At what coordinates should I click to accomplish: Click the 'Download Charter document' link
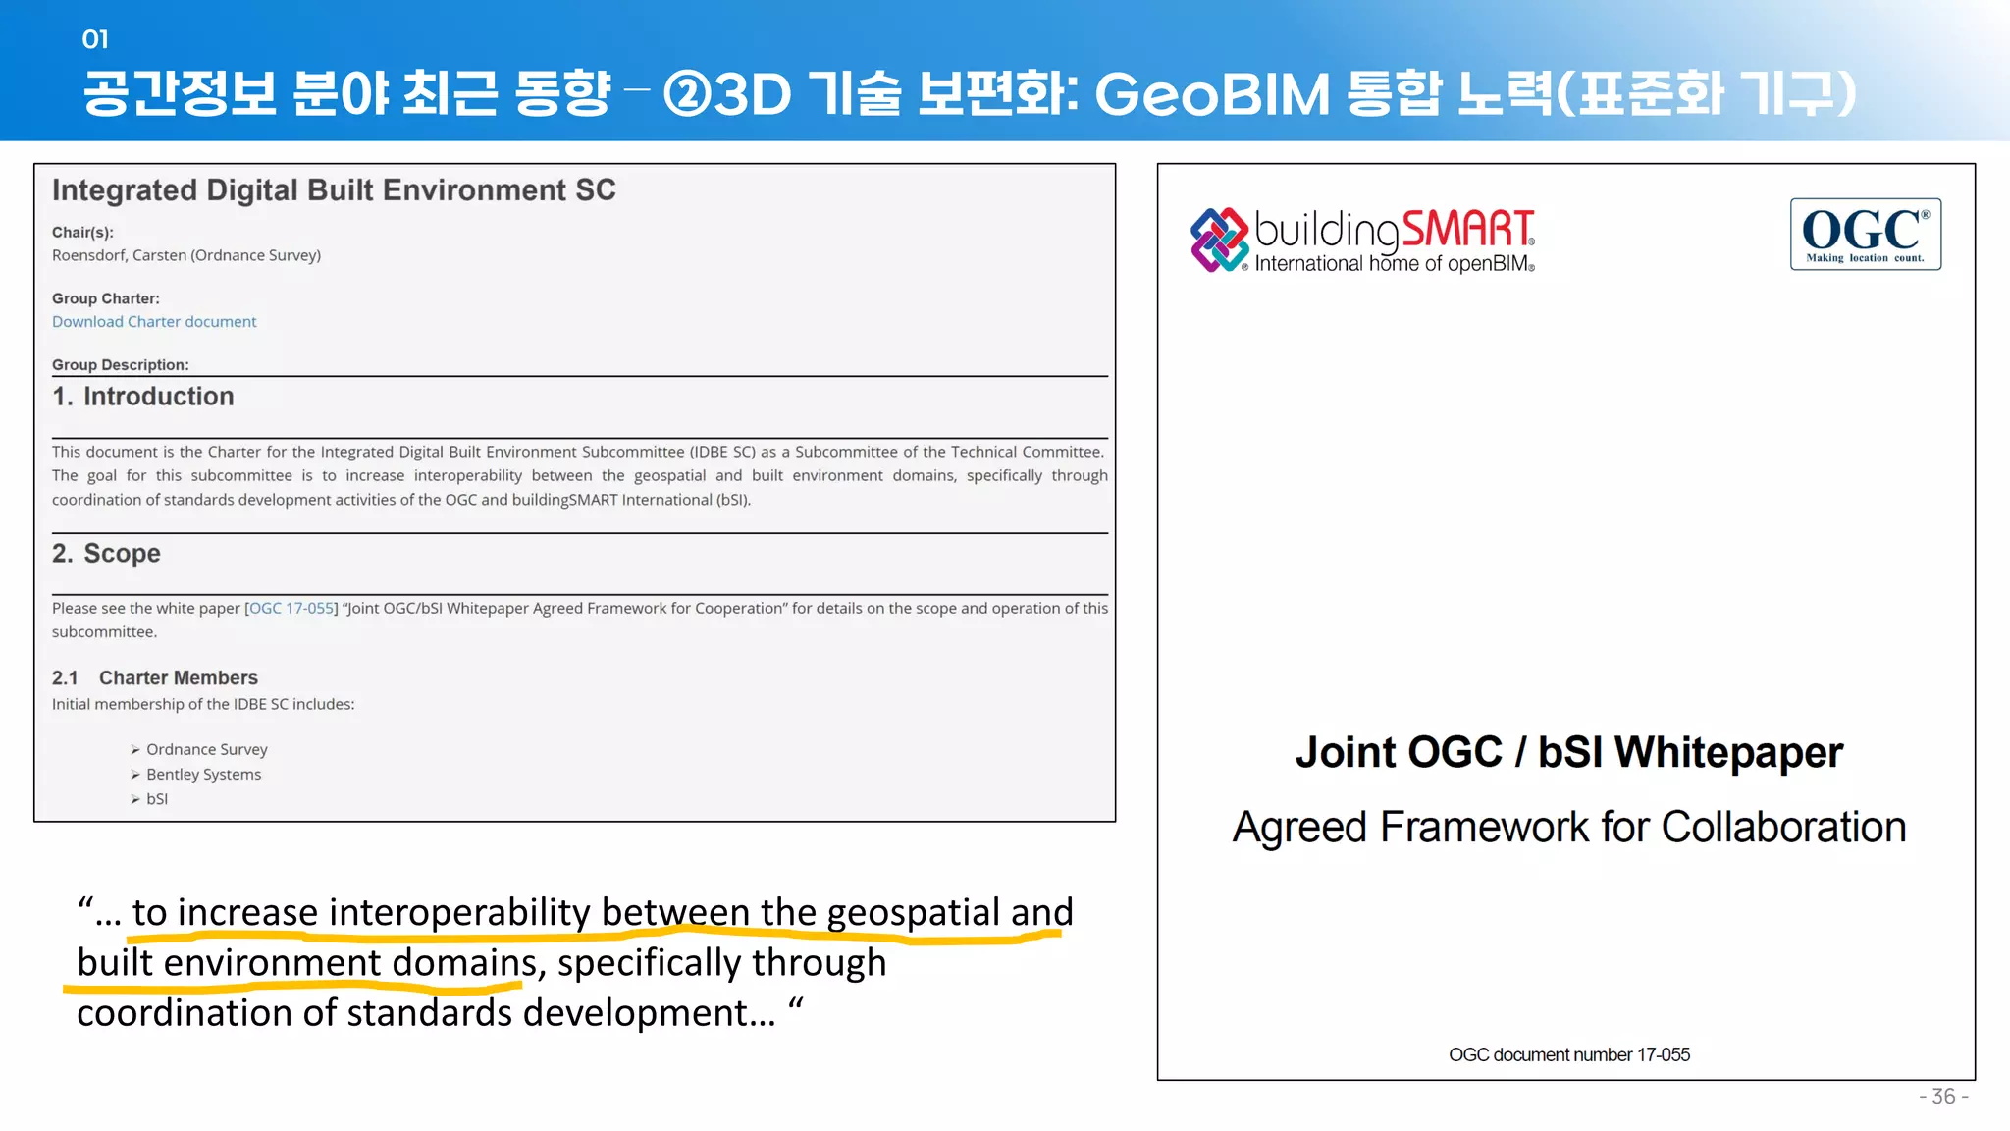154,322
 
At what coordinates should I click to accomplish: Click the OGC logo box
1865,234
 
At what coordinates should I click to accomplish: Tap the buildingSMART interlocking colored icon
1219,240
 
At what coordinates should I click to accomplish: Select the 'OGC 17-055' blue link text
291,609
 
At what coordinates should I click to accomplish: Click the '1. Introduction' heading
143,397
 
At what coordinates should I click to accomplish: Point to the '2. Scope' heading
106,554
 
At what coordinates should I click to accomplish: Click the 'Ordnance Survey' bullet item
206,750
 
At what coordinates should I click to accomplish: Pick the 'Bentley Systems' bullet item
203,775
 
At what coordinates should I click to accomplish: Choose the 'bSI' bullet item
157,799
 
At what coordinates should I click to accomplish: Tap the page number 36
1943,1097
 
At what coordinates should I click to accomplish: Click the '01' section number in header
95,39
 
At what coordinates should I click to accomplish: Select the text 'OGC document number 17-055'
1568,1055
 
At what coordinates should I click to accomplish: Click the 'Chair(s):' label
82,233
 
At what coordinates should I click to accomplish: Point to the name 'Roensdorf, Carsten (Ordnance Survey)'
186,255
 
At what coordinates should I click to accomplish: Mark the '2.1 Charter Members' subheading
155,678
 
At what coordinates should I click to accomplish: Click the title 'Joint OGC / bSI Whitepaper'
1568,753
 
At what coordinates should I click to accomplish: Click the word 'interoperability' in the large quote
459,913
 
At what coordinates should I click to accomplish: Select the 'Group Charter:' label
106,298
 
